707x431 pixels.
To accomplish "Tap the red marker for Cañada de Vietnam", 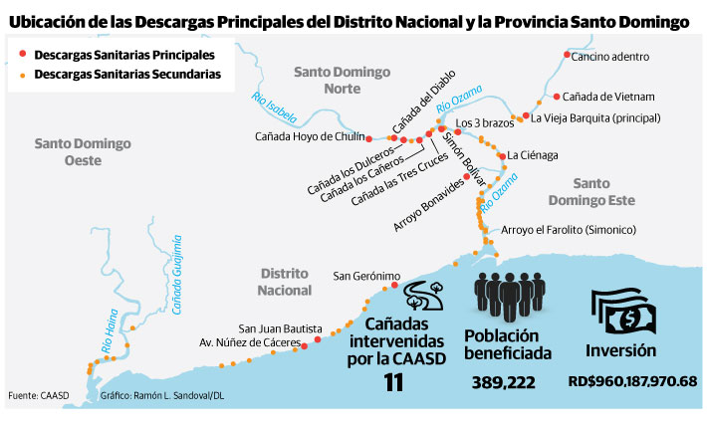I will coord(555,97).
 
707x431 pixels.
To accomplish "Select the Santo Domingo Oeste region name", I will coord(83,152).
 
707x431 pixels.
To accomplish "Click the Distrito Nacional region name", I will coord(286,282).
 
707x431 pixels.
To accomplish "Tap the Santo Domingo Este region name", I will coord(618,191).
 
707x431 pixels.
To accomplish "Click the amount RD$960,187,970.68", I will coord(632,380).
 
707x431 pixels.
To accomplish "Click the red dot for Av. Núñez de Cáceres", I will coord(317,340).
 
